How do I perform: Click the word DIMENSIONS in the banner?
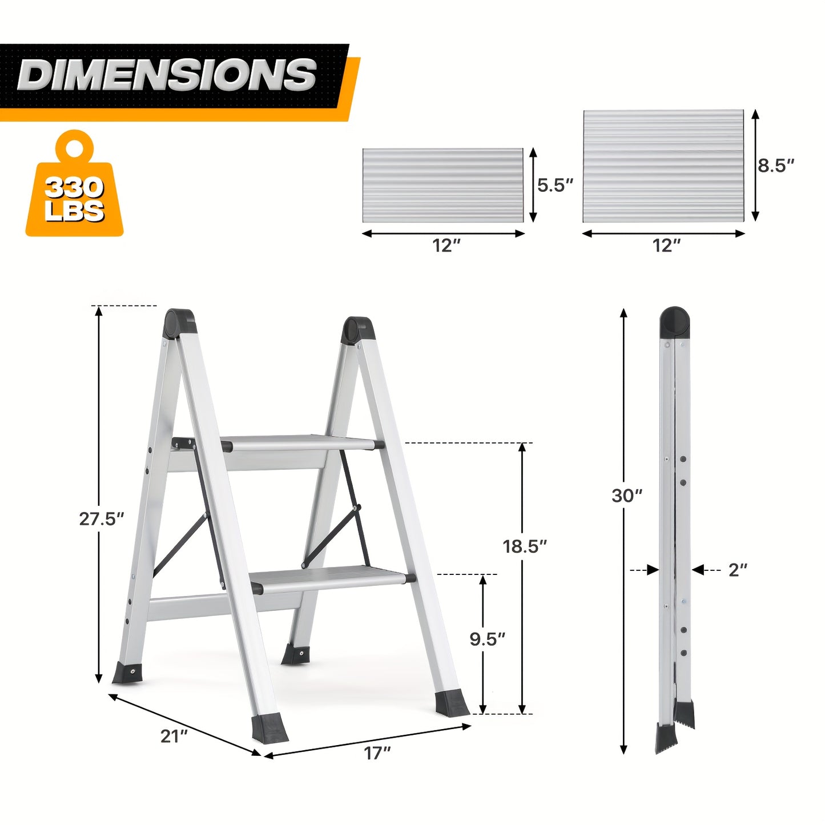point(167,75)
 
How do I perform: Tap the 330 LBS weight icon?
point(74,188)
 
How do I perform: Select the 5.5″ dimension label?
point(554,185)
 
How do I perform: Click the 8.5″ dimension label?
point(776,166)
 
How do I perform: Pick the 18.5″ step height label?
point(525,546)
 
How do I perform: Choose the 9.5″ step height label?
point(488,639)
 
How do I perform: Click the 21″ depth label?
point(174,737)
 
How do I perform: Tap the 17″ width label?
point(377,754)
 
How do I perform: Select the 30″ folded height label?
point(627,496)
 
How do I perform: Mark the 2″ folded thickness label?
point(738,570)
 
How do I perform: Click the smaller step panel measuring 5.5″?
point(443,186)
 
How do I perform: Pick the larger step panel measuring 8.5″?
point(663,166)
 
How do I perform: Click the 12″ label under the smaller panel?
point(446,246)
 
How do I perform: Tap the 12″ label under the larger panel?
point(666,246)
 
